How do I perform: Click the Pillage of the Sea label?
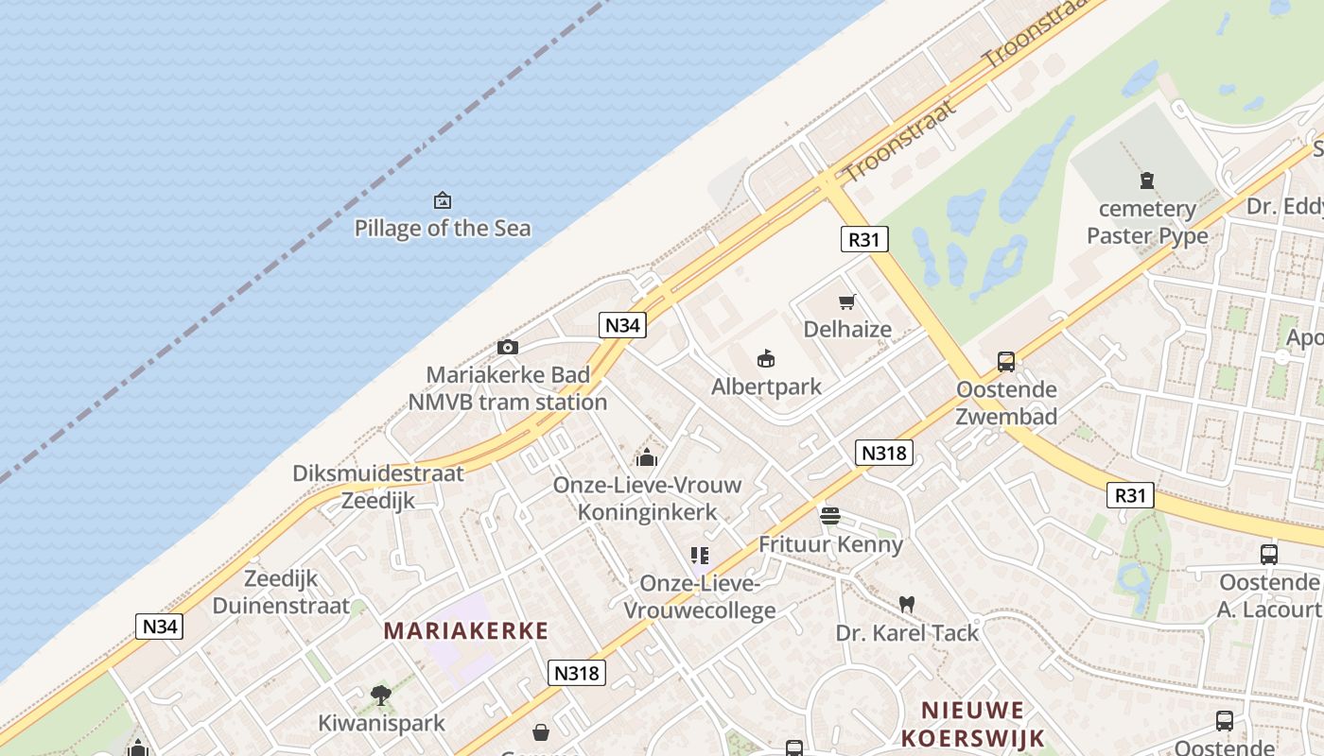(x=442, y=228)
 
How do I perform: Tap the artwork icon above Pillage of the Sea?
(x=442, y=200)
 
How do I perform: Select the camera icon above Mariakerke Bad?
(x=508, y=347)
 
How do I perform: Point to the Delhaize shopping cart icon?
(x=847, y=302)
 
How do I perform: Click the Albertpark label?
(x=766, y=387)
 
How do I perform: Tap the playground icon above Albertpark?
(x=766, y=359)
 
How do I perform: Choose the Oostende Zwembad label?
(x=1006, y=403)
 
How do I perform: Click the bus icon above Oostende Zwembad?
(x=1006, y=361)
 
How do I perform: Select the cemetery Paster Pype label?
(x=1147, y=222)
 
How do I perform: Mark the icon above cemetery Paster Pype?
(x=1147, y=180)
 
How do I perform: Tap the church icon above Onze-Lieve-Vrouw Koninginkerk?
(x=647, y=457)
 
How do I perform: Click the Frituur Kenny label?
(x=830, y=544)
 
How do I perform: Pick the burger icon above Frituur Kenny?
(x=830, y=516)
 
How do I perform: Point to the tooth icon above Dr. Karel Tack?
(x=906, y=604)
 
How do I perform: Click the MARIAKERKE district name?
(x=465, y=630)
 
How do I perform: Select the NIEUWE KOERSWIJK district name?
(x=972, y=724)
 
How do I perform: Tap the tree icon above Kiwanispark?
(x=381, y=696)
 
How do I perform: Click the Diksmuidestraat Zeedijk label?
(x=378, y=487)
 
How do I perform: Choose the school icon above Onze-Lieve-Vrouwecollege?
(x=700, y=556)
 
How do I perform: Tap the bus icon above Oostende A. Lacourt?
(x=1269, y=555)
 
